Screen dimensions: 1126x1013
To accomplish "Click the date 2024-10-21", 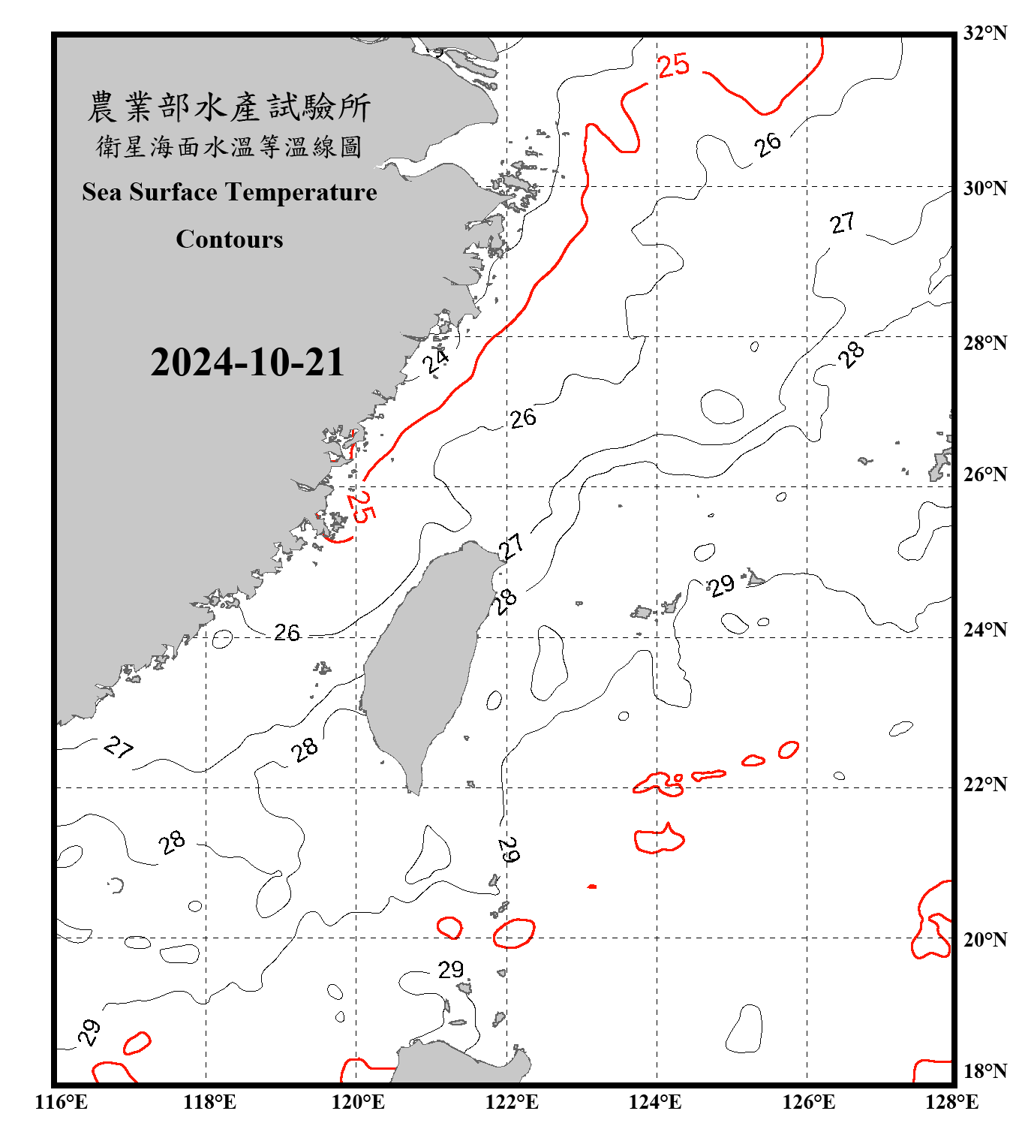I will [x=247, y=363].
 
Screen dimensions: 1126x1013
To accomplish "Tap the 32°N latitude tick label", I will [x=984, y=33].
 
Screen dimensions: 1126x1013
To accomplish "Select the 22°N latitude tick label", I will [x=984, y=784].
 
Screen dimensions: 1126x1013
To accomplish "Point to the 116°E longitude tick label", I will [x=62, y=1102].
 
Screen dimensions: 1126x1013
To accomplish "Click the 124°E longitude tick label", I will [x=655, y=1102].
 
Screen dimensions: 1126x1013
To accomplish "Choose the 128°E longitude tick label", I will [x=951, y=1102].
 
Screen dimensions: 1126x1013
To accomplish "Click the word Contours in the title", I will [x=230, y=239].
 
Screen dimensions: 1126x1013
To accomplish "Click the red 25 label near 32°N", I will [x=673, y=65].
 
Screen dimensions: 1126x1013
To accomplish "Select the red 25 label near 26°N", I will [x=361, y=506].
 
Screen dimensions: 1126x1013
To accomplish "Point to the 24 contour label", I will [x=435, y=360].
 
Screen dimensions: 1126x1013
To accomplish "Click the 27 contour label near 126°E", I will [x=842, y=223].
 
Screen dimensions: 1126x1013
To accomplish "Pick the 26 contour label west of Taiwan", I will [x=287, y=633].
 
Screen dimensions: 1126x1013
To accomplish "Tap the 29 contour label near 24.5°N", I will [x=722, y=586].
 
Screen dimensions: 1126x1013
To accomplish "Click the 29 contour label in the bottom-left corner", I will [x=89, y=1032].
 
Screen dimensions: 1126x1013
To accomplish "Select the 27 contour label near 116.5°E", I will [x=119, y=747].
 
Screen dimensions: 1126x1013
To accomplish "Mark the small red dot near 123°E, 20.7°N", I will [x=592, y=887].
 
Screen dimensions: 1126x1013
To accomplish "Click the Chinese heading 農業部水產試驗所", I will [x=229, y=107].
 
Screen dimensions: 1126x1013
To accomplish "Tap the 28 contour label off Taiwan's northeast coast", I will [x=506, y=601].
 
